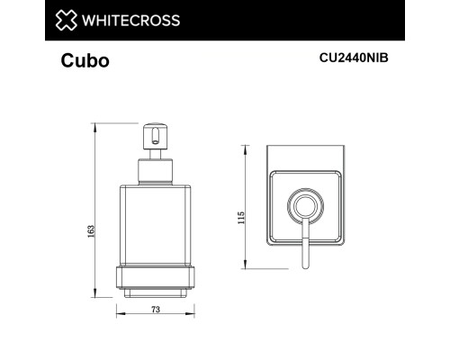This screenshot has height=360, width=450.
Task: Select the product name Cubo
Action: tap(86, 61)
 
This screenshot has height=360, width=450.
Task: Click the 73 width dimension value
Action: tap(155, 310)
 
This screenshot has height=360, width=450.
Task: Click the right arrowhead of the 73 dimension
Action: tap(195, 316)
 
